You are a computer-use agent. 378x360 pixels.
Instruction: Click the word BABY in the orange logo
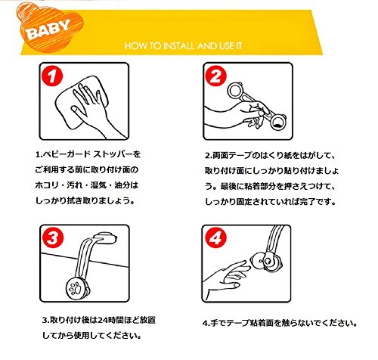click(48, 29)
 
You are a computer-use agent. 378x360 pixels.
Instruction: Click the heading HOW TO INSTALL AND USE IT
click(183, 46)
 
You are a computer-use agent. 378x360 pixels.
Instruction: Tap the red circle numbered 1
click(52, 76)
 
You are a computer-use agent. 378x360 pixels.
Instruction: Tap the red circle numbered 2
click(215, 76)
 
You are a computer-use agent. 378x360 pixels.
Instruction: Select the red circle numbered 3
click(53, 237)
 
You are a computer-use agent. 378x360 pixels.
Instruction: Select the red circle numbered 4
click(215, 237)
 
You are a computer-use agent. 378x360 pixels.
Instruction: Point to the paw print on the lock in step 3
click(76, 288)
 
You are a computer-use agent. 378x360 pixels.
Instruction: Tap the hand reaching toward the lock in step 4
click(227, 278)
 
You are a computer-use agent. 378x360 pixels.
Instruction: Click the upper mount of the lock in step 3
click(106, 238)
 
